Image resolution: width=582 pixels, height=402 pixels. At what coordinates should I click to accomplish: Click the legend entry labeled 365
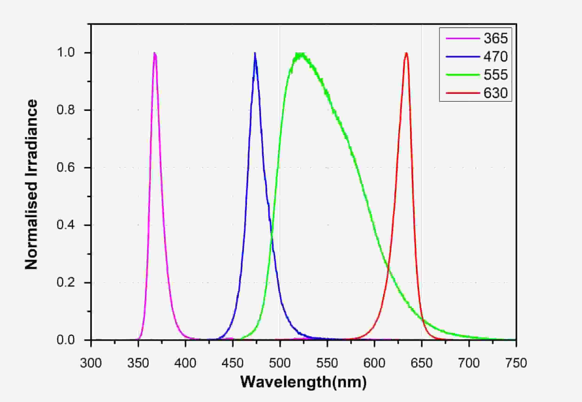tap(495, 39)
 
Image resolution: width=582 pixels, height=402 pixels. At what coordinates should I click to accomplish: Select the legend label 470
tap(495, 57)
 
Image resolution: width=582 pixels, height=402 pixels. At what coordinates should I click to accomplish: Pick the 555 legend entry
tap(495, 75)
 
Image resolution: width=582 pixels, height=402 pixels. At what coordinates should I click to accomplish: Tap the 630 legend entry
tap(495, 93)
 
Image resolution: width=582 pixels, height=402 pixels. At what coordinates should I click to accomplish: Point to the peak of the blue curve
tap(255, 53)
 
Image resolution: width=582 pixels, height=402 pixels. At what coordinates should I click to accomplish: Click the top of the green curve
tap(301, 54)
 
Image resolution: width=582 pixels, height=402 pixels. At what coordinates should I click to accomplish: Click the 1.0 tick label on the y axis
tap(66, 53)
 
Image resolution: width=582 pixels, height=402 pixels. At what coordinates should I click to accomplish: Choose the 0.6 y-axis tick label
tap(66, 167)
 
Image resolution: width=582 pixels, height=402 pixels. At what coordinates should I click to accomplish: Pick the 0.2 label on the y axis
tap(66, 282)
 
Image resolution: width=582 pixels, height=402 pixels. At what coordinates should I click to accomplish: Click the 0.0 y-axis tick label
tap(66, 340)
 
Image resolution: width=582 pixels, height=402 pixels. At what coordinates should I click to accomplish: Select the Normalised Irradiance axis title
tap(31, 185)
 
